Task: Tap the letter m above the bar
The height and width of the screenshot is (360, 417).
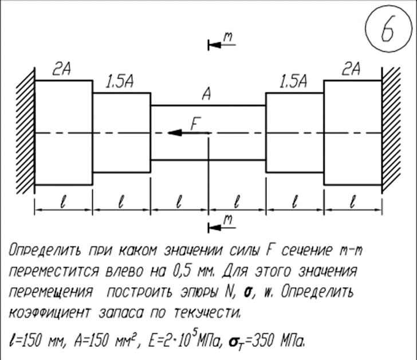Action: click(x=228, y=37)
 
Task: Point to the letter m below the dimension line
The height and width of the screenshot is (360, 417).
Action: click(x=228, y=220)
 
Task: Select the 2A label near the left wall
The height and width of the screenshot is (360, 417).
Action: click(x=61, y=69)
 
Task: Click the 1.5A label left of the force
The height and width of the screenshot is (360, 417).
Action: click(x=119, y=82)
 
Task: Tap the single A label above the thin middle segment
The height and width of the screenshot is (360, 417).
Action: click(x=206, y=94)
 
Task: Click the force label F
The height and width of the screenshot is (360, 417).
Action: click(x=196, y=124)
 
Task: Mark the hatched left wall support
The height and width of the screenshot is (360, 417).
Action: click(x=26, y=131)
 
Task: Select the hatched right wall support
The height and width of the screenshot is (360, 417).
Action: click(x=391, y=130)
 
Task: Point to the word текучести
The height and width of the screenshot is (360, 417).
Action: click(x=207, y=312)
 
